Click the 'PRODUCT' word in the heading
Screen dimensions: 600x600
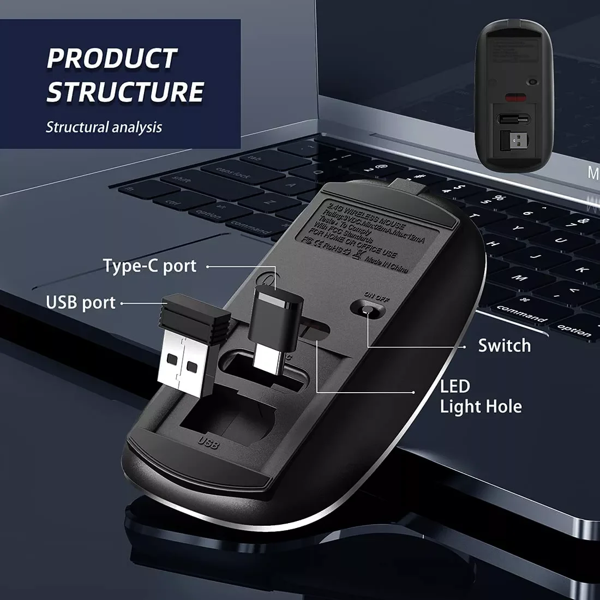(x=112, y=58)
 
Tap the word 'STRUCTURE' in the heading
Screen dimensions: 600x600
(x=125, y=92)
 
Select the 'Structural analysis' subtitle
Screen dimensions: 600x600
(x=104, y=128)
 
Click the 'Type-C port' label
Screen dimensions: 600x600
(x=149, y=266)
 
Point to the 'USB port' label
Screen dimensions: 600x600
(x=81, y=303)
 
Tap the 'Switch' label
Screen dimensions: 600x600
(x=504, y=345)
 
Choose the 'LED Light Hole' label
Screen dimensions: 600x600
(x=480, y=396)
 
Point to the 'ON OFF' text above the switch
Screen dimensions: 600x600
(x=377, y=296)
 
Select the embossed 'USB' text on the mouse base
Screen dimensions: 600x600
(x=209, y=442)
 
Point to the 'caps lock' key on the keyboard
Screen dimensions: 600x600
(x=233, y=173)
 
